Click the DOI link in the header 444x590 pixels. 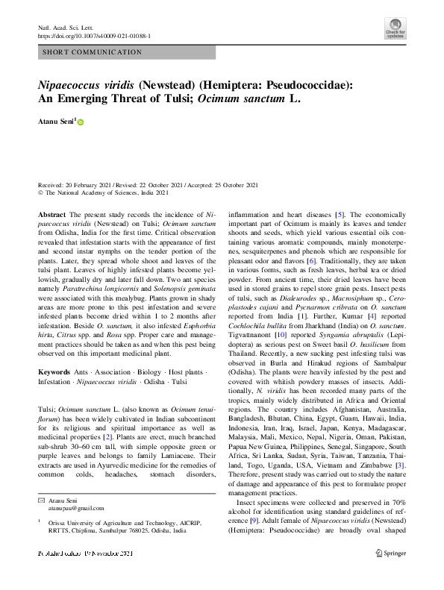(x=94, y=36)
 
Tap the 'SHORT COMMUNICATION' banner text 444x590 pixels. (x=93, y=52)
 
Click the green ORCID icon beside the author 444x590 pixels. (x=81, y=121)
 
